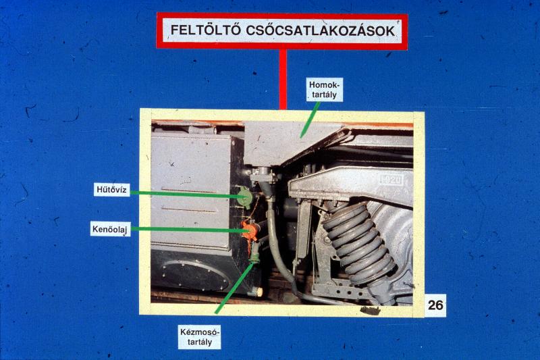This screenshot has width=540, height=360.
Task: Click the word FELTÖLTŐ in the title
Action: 205,30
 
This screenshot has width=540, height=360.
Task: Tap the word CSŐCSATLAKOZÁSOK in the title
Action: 321,30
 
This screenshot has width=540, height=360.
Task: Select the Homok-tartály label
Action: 325,89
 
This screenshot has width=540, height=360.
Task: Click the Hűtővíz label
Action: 111,190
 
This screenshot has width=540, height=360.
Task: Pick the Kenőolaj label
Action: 110,229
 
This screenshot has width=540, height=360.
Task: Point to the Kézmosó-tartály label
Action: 199,337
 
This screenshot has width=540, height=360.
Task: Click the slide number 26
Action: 435,305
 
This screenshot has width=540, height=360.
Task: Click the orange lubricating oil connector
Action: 250,230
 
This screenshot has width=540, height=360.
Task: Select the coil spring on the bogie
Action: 358,241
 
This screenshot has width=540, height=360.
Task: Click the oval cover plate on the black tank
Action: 195,275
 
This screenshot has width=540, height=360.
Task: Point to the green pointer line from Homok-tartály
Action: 310,120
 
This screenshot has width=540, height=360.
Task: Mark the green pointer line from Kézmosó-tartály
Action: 234,288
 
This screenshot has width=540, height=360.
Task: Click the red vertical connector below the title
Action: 283,79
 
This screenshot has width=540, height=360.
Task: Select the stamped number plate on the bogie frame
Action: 391,179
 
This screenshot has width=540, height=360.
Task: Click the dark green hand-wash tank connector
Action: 254,252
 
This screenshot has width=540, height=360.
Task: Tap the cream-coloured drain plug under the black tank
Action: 257,292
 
